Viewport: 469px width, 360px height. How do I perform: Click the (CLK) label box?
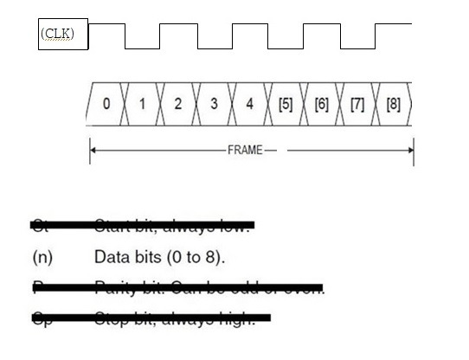click(x=63, y=34)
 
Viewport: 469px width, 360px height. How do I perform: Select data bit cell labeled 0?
click(x=106, y=104)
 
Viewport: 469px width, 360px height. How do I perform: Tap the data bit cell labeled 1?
click(x=142, y=104)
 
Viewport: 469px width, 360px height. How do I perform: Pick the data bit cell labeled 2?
click(x=177, y=104)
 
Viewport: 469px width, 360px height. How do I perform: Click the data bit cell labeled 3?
click(x=214, y=104)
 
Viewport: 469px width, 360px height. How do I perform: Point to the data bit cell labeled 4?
click(x=249, y=104)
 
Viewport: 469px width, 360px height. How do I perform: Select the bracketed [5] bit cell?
click(x=285, y=104)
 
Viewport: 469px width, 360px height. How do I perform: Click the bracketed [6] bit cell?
click(x=321, y=104)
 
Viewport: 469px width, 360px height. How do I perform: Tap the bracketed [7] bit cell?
click(x=357, y=104)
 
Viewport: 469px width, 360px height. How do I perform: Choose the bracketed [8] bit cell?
click(x=393, y=104)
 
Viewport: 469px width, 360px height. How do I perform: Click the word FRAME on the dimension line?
click(x=245, y=151)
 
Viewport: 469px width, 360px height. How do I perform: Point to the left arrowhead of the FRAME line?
click(x=93, y=151)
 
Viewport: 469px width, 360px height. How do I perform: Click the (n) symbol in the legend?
click(x=42, y=257)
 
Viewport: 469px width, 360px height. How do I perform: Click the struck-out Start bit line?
click(x=143, y=226)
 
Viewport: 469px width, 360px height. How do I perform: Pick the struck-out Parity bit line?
click(x=177, y=287)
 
